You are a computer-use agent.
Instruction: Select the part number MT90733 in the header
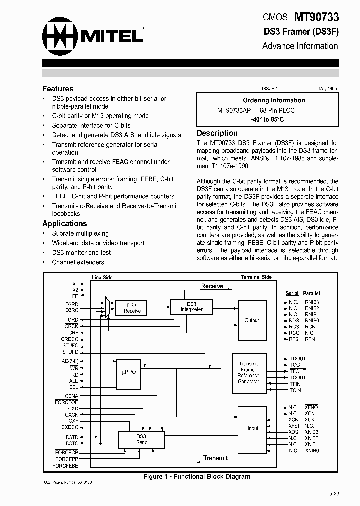tap(316, 17)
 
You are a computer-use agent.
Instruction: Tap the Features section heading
tap(58, 89)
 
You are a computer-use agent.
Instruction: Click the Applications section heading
tap(64, 224)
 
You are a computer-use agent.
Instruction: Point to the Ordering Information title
tap(274, 100)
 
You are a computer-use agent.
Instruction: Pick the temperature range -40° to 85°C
tap(267, 120)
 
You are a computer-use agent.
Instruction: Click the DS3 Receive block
tap(132, 308)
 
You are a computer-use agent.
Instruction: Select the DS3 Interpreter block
tap(191, 306)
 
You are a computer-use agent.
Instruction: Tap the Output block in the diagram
tap(252, 320)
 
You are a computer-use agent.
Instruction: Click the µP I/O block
tap(129, 372)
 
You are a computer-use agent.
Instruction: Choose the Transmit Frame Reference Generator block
tap(249, 373)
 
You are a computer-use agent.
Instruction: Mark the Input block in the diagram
tap(253, 428)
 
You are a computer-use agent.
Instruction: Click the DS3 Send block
tap(141, 439)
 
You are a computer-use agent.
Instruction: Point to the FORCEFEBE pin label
tap(67, 466)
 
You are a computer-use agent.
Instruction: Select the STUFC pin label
tap(70, 345)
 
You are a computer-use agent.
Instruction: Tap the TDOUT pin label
tap(298, 359)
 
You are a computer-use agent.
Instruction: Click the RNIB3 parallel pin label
tap(312, 302)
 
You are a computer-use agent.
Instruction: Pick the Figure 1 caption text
tap(197, 477)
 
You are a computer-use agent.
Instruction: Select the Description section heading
tap(217, 133)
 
